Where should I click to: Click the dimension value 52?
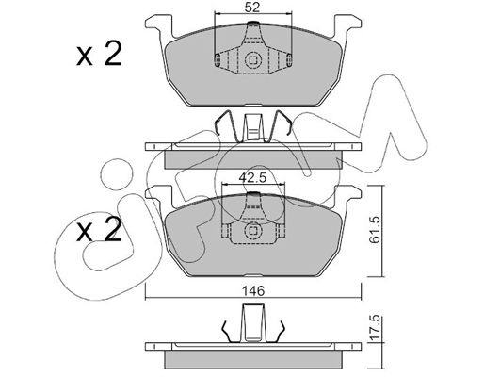click(x=252, y=7)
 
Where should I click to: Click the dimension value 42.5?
click(x=252, y=177)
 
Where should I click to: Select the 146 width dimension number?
click(x=253, y=291)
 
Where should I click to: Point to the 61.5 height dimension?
click(x=375, y=230)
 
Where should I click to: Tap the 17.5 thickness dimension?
click(x=375, y=329)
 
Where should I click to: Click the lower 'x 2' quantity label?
click(x=99, y=229)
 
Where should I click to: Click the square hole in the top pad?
click(x=252, y=59)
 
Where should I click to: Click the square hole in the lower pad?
click(x=252, y=231)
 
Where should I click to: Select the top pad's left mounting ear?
click(x=159, y=27)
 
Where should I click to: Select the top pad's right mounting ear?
click(x=347, y=27)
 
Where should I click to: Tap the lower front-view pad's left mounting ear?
click(x=159, y=197)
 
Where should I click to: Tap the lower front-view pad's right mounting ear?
click(x=347, y=197)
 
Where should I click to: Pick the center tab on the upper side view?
click(x=253, y=127)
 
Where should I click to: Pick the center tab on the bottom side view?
click(x=253, y=323)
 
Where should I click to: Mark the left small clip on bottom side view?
click(x=227, y=332)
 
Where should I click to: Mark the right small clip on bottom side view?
click(x=280, y=332)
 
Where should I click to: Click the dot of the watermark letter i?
click(x=116, y=174)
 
